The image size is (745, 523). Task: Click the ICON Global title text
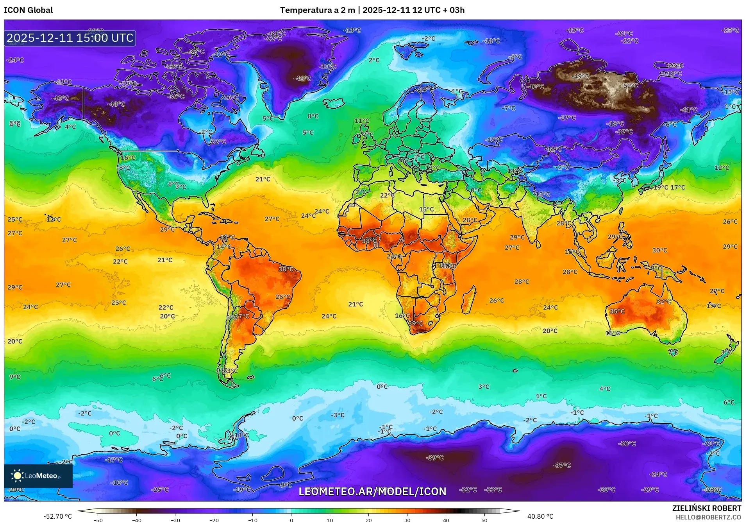[28, 10]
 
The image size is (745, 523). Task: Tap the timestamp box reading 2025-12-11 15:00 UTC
[70, 38]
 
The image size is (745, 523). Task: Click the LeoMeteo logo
[38, 476]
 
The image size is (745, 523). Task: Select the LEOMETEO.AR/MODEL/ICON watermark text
[372, 491]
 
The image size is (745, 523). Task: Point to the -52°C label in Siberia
[630, 86]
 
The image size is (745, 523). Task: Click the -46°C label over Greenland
[302, 78]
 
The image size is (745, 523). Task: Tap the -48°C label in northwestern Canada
[116, 104]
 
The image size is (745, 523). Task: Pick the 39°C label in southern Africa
[415, 323]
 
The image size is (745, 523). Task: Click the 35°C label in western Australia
[617, 311]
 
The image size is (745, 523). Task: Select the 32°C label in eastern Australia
[663, 301]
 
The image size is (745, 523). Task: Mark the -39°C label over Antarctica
[435, 457]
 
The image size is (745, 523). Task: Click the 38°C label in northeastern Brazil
[286, 269]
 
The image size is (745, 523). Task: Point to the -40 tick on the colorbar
[136, 520]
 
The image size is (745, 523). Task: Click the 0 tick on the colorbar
[291, 520]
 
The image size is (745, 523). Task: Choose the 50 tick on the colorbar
[484, 520]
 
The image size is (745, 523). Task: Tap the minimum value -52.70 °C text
[58, 516]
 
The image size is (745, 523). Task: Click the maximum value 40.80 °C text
[540, 516]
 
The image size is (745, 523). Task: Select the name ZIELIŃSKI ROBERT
[706, 508]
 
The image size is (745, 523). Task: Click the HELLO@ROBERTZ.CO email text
[708, 517]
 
